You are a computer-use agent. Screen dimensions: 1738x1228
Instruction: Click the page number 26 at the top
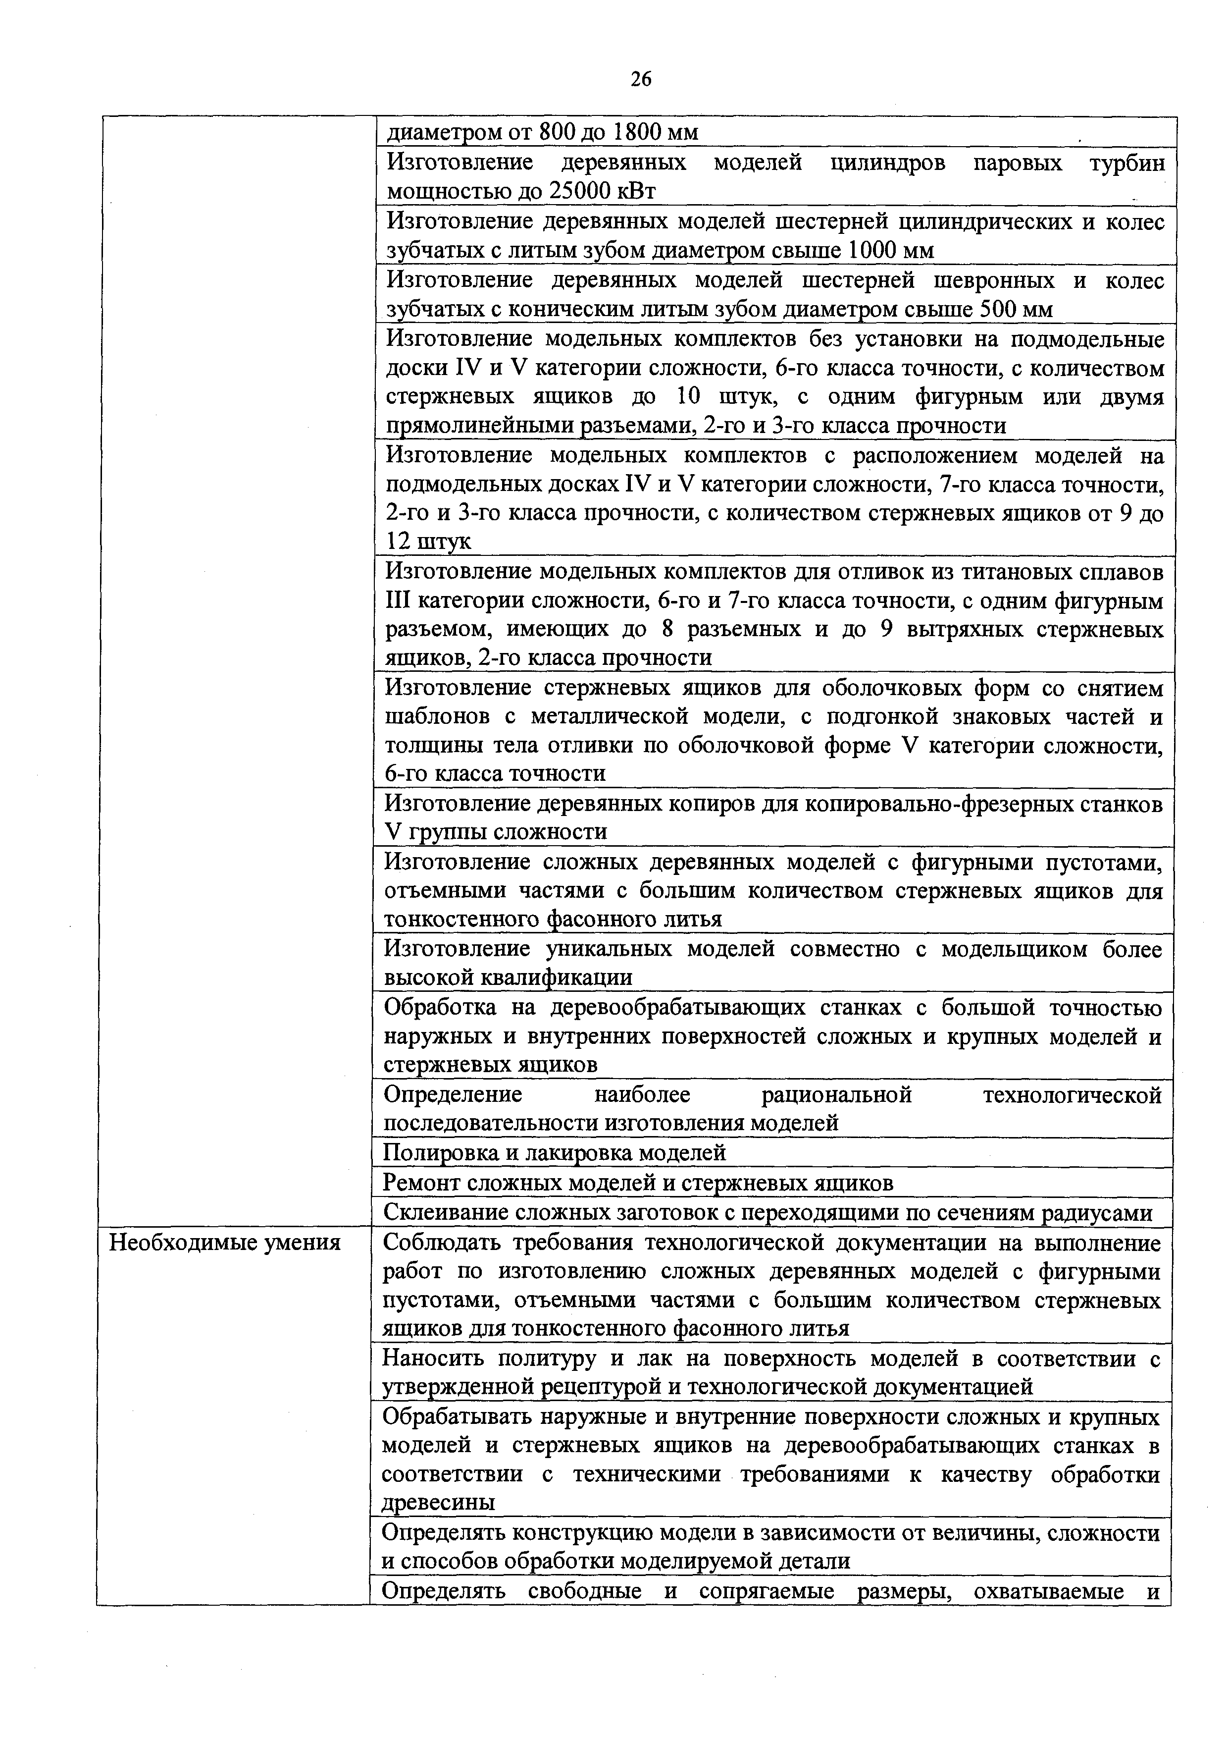pos(641,79)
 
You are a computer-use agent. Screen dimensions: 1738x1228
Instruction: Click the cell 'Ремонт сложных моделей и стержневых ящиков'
pos(638,1182)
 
